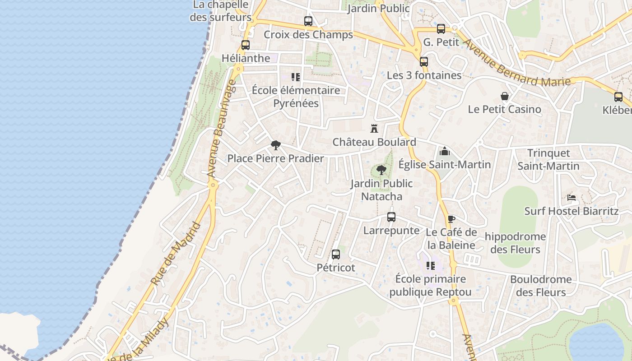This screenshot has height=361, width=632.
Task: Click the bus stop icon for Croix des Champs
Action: [x=308, y=21]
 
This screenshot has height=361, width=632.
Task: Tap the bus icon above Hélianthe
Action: [x=246, y=45]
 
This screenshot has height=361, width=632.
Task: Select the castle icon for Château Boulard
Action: [x=374, y=129]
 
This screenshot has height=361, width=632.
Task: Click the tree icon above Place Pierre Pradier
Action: [x=275, y=145]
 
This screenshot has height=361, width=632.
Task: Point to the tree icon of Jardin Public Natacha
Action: [x=381, y=170]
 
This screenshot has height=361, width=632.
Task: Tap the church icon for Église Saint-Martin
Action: [x=445, y=151]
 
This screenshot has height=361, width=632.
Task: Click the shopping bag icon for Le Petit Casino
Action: [x=505, y=96]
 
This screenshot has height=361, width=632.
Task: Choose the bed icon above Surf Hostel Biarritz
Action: [x=572, y=198]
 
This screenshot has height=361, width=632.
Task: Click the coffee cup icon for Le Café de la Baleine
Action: [x=451, y=219]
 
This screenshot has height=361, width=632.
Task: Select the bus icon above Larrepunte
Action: [x=391, y=217]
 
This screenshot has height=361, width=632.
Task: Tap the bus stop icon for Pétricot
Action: [x=336, y=255]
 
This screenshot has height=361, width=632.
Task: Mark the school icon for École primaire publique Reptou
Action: [x=431, y=266]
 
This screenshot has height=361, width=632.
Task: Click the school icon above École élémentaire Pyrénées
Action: [x=296, y=77]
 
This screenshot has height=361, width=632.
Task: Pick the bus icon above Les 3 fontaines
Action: [x=424, y=62]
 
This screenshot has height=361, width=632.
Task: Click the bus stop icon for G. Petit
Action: [x=441, y=29]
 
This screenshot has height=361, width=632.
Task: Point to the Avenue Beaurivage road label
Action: [x=221, y=128]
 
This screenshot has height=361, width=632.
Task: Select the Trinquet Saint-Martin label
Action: [x=548, y=159]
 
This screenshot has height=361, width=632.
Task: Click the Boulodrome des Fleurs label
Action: [x=541, y=286]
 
